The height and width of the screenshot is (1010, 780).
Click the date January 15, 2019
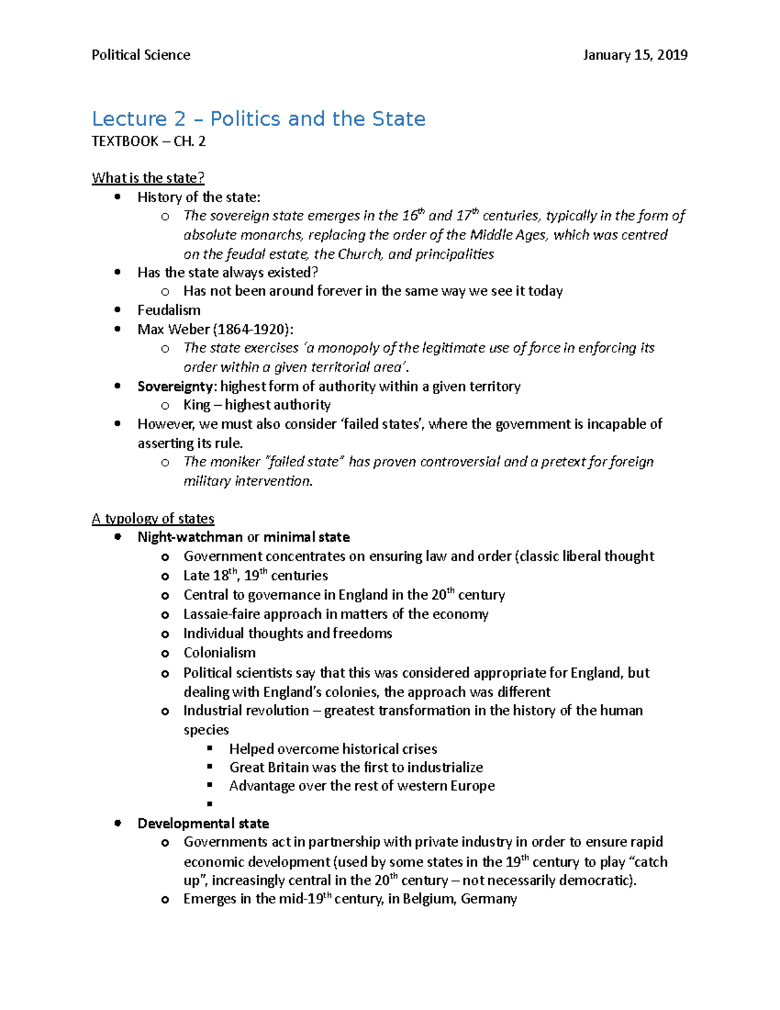click(635, 55)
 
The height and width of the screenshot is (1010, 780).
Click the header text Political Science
click(141, 55)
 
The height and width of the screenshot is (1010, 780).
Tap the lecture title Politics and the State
click(318, 119)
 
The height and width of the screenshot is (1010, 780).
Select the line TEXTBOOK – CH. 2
click(149, 141)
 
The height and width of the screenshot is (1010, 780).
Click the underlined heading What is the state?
click(148, 178)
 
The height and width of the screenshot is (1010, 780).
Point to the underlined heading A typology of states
click(153, 518)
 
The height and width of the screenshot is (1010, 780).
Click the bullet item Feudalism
click(169, 310)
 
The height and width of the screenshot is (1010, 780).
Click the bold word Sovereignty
click(175, 386)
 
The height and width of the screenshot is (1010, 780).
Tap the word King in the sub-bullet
click(196, 405)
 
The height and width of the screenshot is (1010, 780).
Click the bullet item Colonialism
click(219, 652)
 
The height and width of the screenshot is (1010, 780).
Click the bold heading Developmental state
click(203, 823)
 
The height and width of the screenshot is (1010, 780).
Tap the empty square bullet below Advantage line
click(209, 804)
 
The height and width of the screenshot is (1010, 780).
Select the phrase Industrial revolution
click(246, 710)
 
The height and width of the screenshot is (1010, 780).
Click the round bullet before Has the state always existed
click(118, 272)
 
